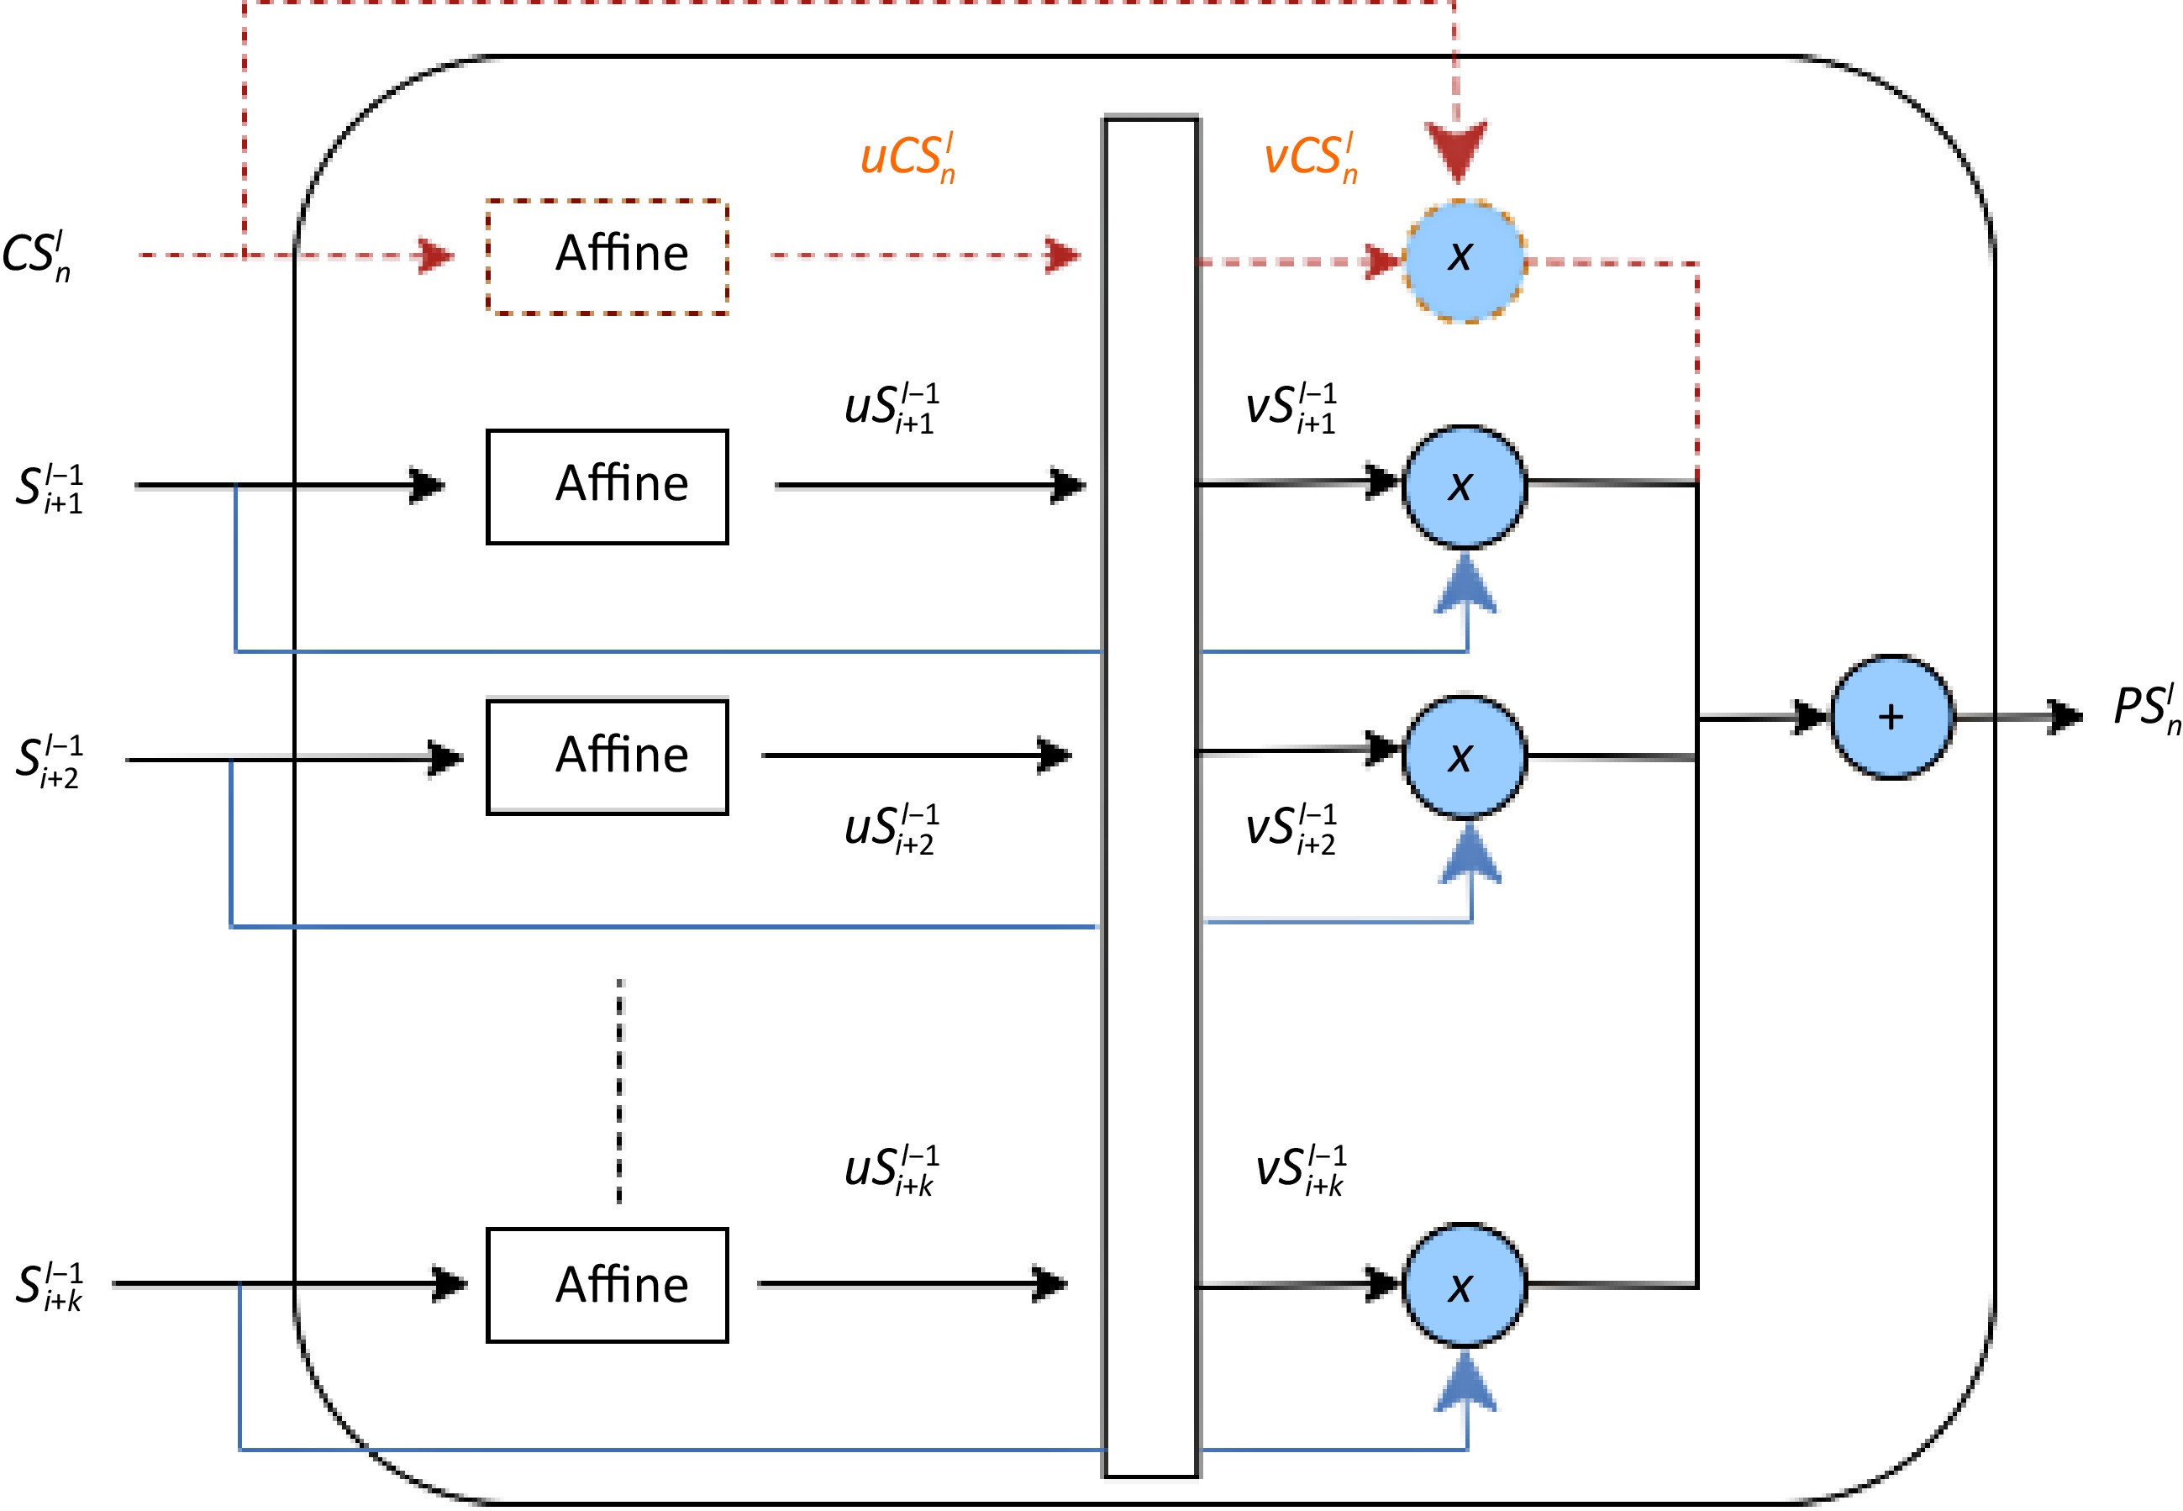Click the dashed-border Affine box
pyautogui.click(x=607, y=256)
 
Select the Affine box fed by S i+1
pyautogui.click(x=607, y=487)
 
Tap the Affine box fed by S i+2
pyautogui.click(x=607, y=756)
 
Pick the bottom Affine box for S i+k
pyautogui.click(x=607, y=1285)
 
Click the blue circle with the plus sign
pyautogui.click(x=1891, y=717)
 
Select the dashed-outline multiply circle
pyautogui.click(x=1464, y=261)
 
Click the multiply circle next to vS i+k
pyautogui.click(x=1464, y=1285)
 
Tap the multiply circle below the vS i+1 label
pyautogui.click(x=1464, y=487)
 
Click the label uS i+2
pyautogui.click(x=891, y=829)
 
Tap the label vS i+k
pyautogui.click(x=1300, y=1170)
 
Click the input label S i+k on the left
pyautogui.click(x=50, y=1287)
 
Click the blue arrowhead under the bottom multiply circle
pyautogui.click(x=1465, y=1383)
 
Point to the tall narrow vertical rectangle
pyautogui.click(x=1151, y=796)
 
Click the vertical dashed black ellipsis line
pyautogui.click(x=620, y=1092)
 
